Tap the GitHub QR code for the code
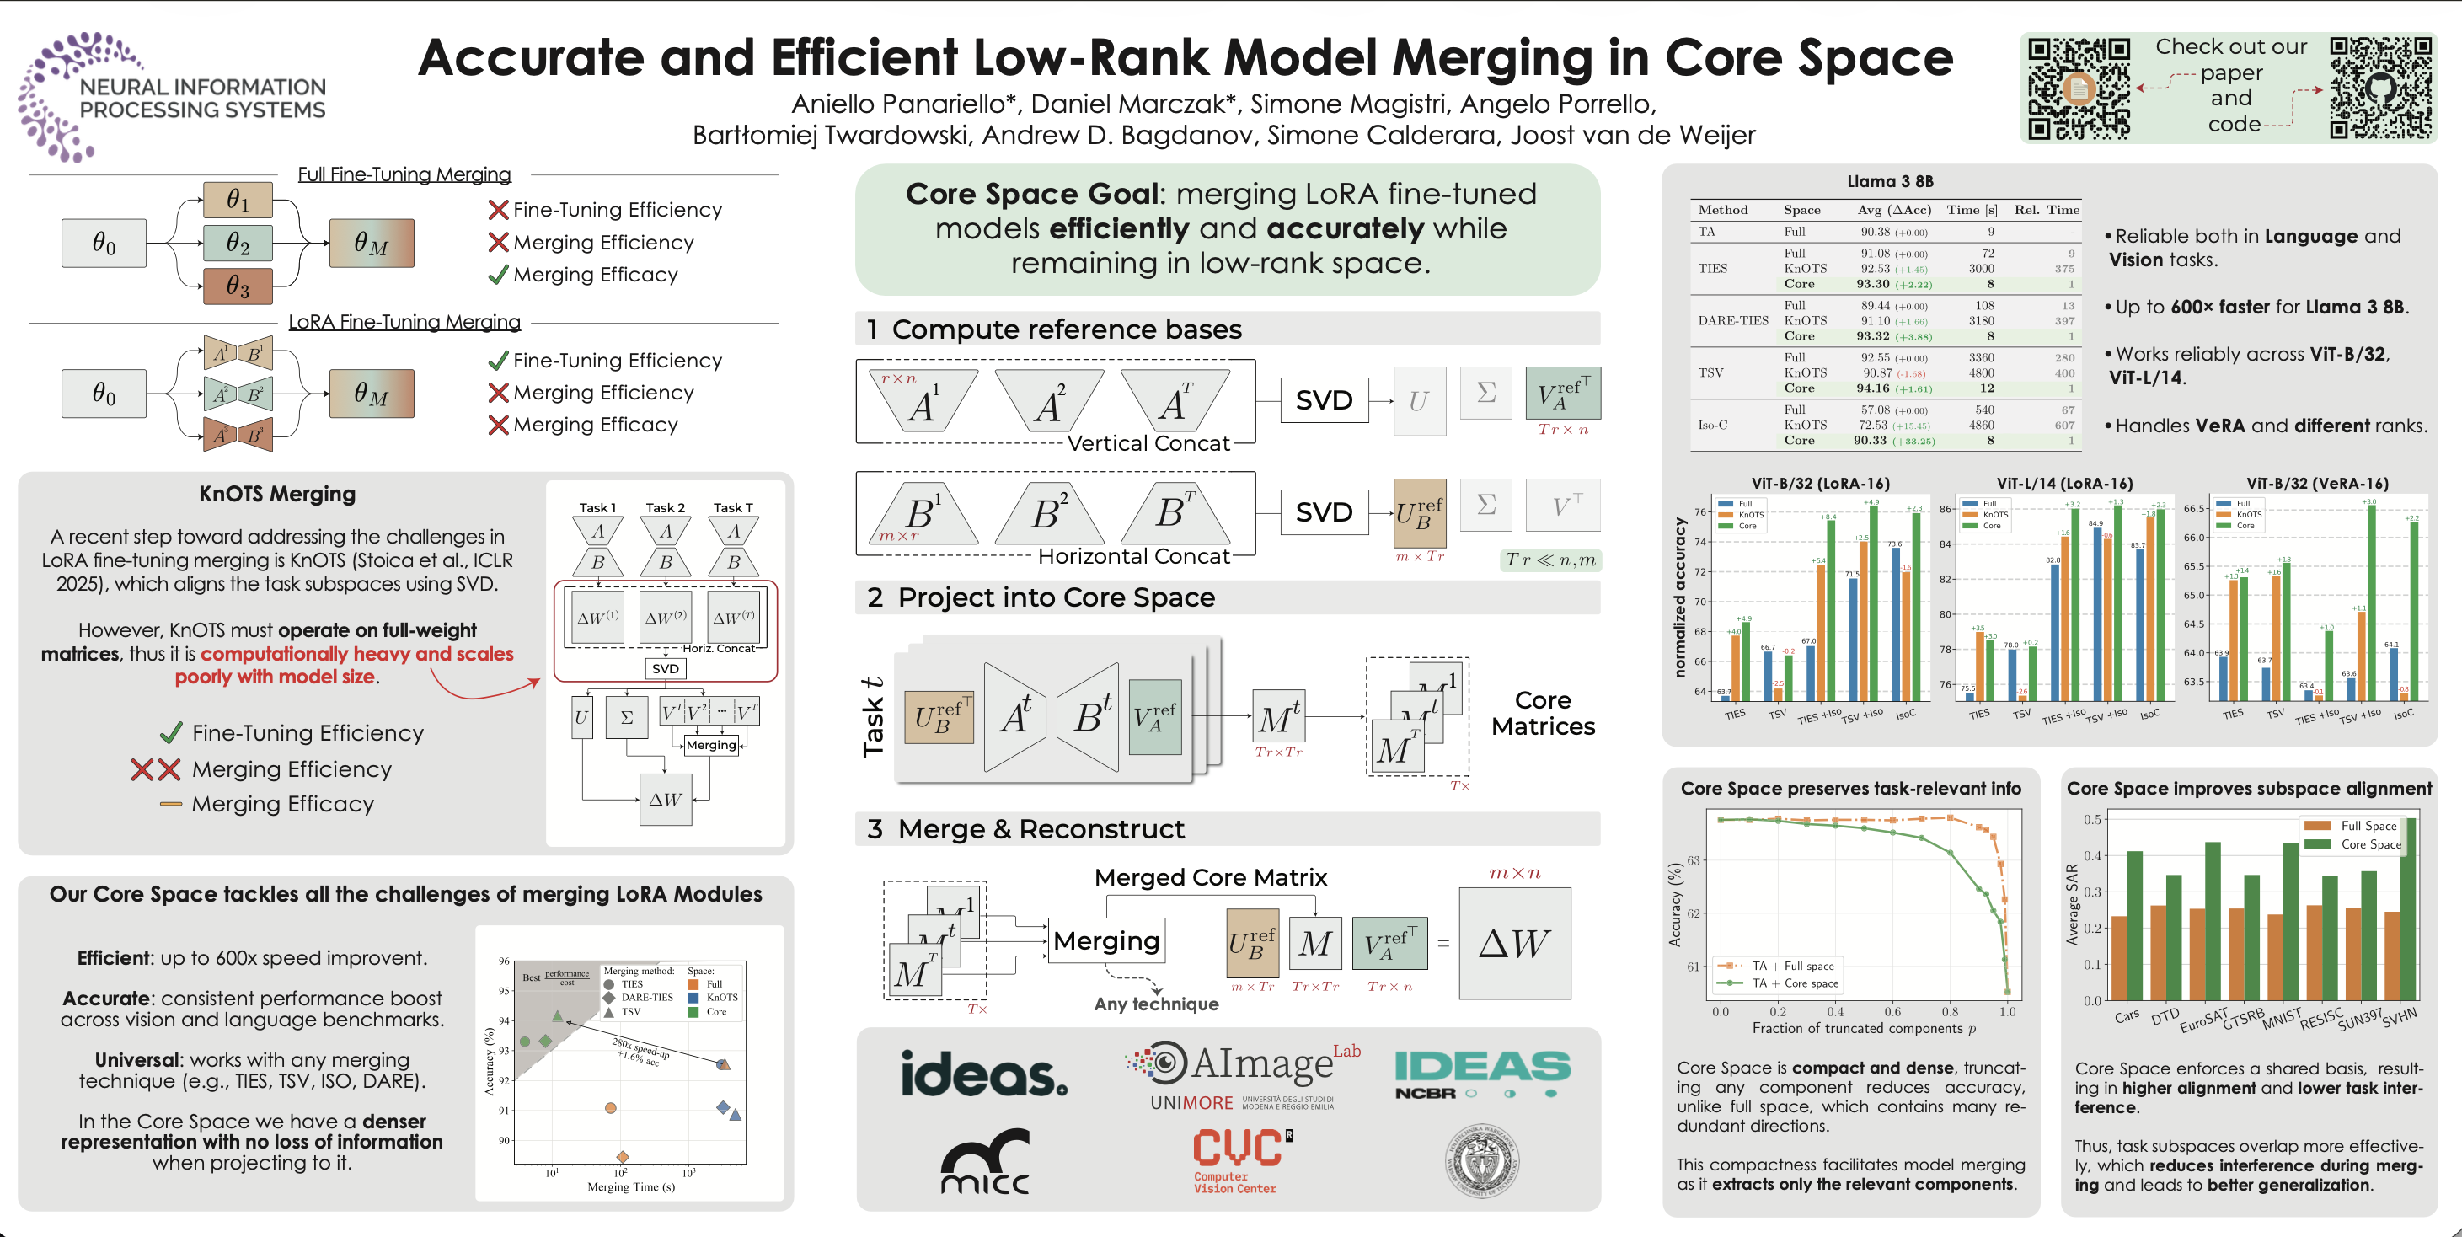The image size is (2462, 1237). [2379, 88]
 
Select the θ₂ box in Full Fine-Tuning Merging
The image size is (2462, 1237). [238, 243]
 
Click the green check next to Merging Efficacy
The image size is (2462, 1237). [498, 276]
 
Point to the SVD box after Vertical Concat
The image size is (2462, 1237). [1324, 399]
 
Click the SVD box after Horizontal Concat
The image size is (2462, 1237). [1324, 511]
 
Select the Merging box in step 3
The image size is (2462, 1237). [1105, 940]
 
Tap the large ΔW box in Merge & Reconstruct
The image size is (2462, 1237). [1514, 944]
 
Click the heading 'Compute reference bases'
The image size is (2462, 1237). [1066, 329]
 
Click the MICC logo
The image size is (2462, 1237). [984, 1161]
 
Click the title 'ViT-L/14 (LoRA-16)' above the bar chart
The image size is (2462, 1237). [2063, 483]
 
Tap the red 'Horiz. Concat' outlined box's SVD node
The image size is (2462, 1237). [665, 668]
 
